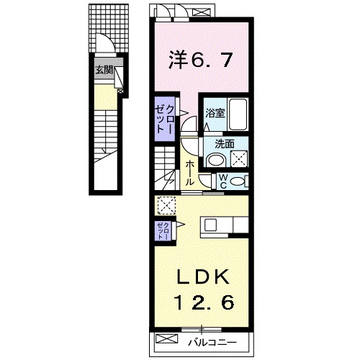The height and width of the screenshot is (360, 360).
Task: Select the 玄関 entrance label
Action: (x=103, y=71)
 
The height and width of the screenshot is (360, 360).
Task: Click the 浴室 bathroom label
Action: (x=214, y=113)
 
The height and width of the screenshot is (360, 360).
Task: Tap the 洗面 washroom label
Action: (x=223, y=143)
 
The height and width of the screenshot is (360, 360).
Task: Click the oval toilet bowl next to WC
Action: (x=240, y=180)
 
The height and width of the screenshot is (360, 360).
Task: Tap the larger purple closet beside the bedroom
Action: (x=164, y=117)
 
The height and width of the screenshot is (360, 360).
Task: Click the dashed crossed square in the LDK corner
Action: (x=166, y=206)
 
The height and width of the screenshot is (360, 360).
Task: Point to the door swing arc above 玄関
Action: (x=107, y=45)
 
